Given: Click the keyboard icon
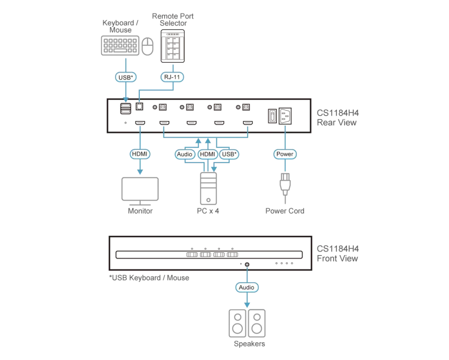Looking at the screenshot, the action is (x=120, y=45).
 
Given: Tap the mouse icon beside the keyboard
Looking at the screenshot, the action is (x=147, y=46).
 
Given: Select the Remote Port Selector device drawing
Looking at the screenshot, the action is (x=173, y=46).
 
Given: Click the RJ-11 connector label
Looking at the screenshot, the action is (x=172, y=77).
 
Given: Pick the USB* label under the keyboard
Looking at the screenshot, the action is (x=126, y=77).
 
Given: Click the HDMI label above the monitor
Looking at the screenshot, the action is (x=140, y=154).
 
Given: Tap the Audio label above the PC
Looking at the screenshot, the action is (x=185, y=154).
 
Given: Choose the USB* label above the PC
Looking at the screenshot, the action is (x=229, y=154).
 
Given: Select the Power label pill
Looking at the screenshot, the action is (x=285, y=154).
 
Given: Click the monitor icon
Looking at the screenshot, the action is (x=140, y=191).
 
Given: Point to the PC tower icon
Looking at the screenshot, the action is (x=209, y=188).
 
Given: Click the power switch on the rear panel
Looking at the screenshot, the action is (x=272, y=116).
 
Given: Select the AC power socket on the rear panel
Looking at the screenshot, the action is (x=285, y=116).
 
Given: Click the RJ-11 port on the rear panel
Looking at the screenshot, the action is (x=139, y=107).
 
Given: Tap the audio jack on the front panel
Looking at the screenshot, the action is (x=247, y=264).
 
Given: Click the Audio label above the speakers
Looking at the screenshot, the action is (x=247, y=287).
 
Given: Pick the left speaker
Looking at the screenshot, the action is (x=238, y=323).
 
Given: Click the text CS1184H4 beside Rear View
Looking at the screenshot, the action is (x=338, y=113).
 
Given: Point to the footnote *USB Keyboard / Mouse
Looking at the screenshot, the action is (x=149, y=278).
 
